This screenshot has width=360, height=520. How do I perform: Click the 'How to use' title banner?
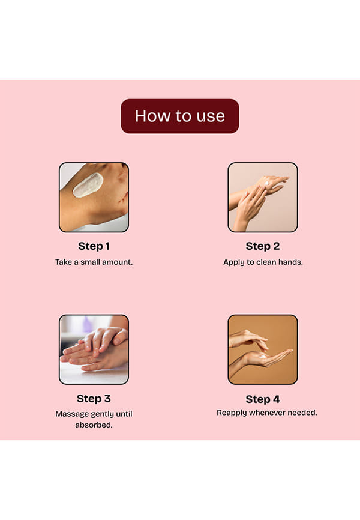179,116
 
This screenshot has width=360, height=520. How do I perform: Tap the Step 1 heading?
94,246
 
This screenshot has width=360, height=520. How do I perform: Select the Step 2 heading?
263,246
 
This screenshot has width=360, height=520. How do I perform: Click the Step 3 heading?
94,398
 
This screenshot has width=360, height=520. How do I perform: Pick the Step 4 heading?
263,399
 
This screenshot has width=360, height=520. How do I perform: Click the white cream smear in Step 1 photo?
88,185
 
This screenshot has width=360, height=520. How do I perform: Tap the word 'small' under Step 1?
90,262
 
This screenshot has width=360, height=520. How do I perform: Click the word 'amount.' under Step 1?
118,262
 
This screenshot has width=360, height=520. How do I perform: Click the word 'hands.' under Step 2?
291,262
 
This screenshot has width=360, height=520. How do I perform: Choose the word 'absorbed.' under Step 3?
94,425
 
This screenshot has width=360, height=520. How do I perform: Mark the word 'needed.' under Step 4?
302,413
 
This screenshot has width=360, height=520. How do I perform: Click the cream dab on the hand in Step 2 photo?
267,183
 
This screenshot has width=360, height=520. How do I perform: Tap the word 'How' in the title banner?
147,116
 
